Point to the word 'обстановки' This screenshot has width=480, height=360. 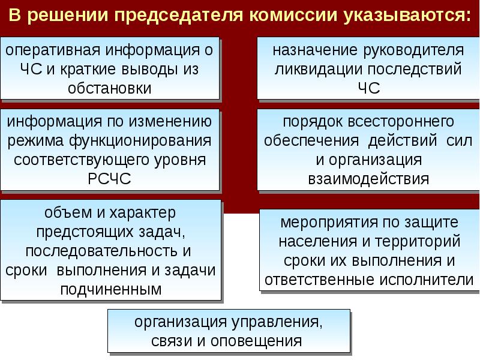pyautogui.click(x=110, y=88)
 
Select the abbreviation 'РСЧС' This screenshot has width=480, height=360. pyautogui.click(x=110, y=179)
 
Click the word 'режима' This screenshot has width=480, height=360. pyautogui.click(x=33, y=141)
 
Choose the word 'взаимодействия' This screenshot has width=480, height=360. pyautogui.click(x=368, y=179)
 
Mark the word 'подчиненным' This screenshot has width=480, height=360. pyautogui.click(x=110, y=289)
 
